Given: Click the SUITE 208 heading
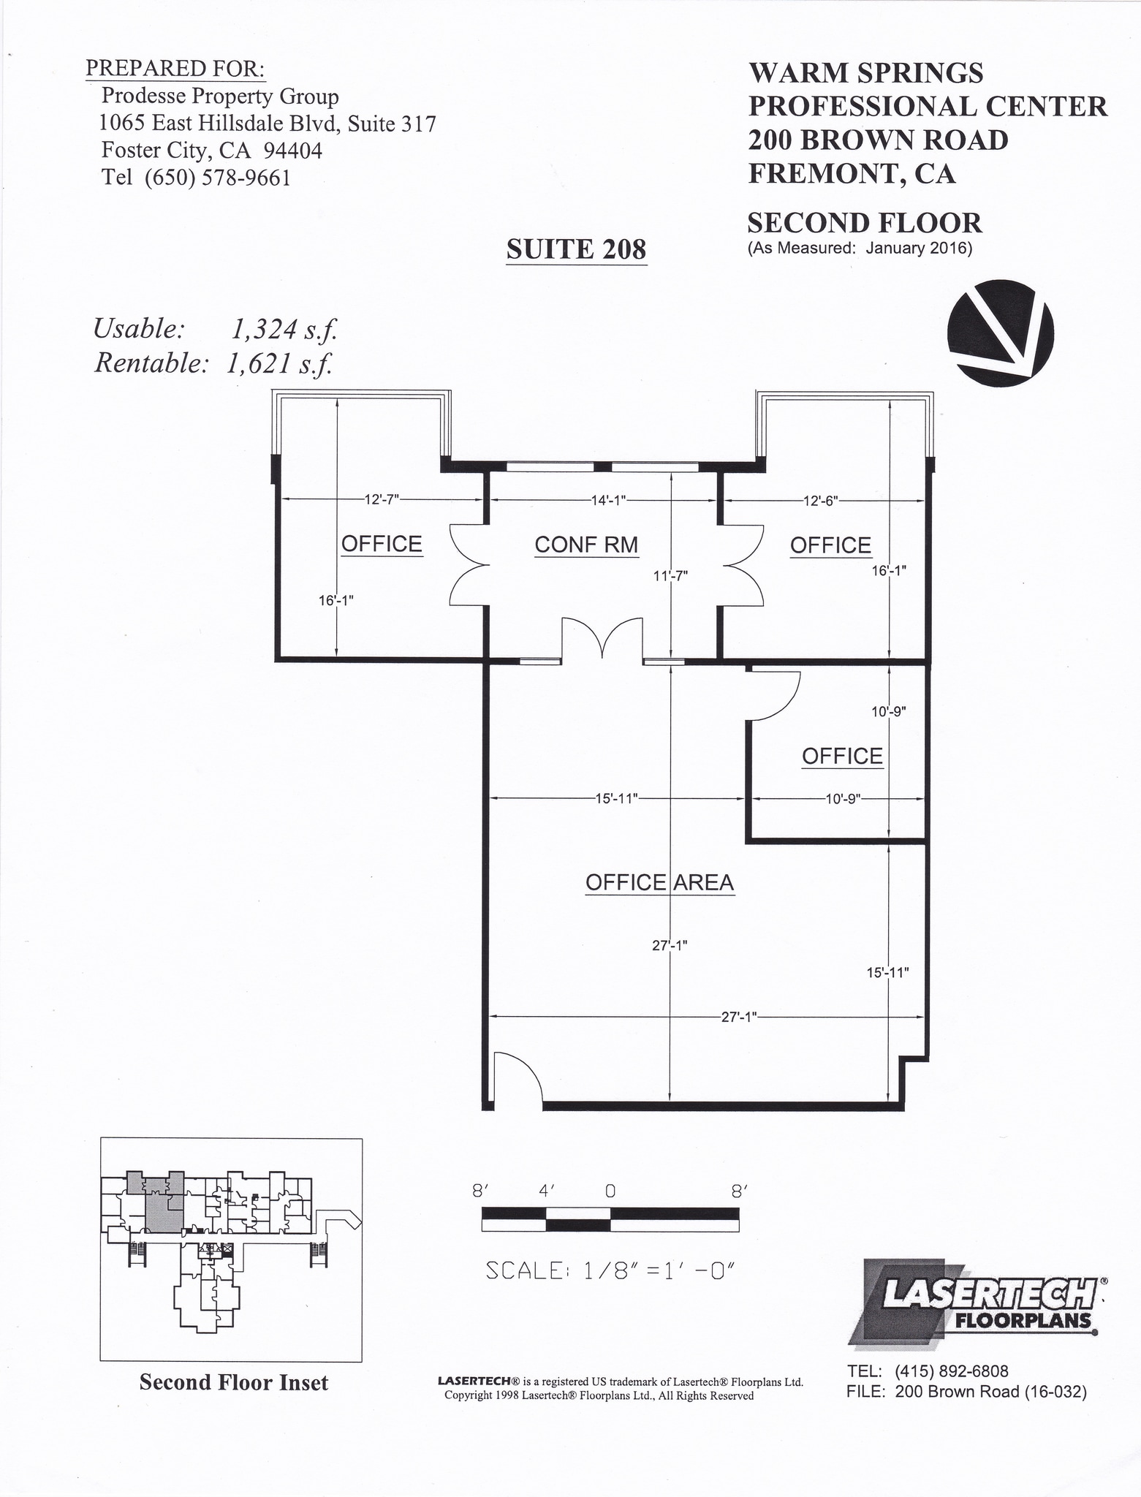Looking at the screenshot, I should tap(576, 249).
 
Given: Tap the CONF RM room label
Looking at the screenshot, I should tap(585, 545).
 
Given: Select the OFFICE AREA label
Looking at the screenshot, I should tap(659, 882).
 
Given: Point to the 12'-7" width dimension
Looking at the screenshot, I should tap(382, 500).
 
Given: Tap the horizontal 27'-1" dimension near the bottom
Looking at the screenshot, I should tap(738, 1017).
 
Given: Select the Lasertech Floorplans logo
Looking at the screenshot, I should tap(978, 1302).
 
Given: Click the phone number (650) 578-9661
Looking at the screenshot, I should tap(217, 178).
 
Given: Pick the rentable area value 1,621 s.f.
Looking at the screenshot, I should tap(279, 363).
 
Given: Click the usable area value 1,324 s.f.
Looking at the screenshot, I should tap(284, 330).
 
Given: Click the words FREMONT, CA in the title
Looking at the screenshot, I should tap(852, 173).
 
